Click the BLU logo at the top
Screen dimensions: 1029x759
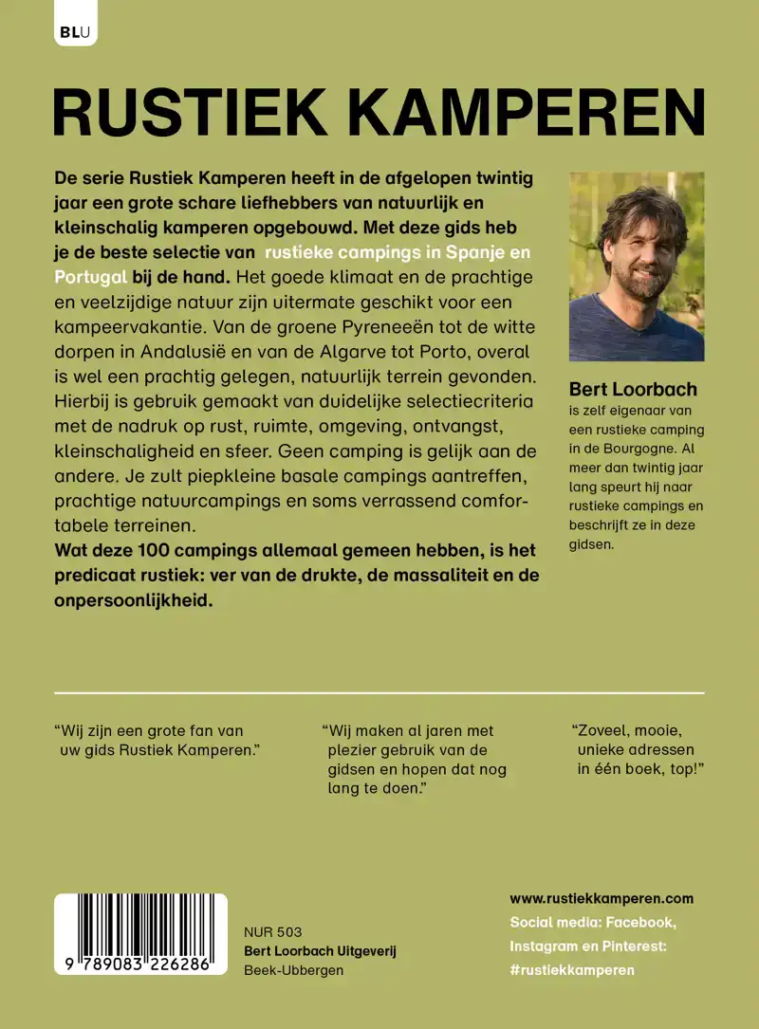tap(75, 31)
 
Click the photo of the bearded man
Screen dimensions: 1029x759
tap(637, 266)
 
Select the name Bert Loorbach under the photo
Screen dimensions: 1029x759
tap(633, 390)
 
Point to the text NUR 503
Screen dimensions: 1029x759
tap(273, 932)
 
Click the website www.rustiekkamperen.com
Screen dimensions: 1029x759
tap(602, 898)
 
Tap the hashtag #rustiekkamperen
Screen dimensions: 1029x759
tap(572, 969)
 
